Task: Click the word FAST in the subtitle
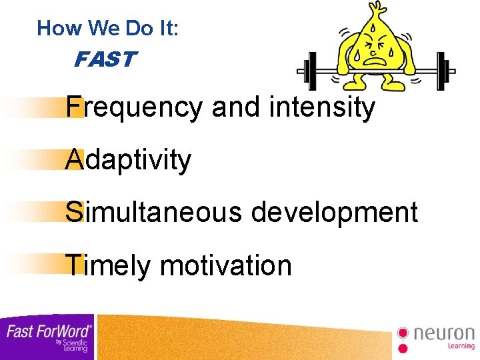pos(105,61)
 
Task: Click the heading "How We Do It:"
pos(108,28)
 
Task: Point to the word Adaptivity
pos(128,160)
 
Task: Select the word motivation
pos(226,265)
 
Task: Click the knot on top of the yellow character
pos(378,8)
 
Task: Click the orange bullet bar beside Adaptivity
pos(40,160)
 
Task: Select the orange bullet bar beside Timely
pos(40,265)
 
